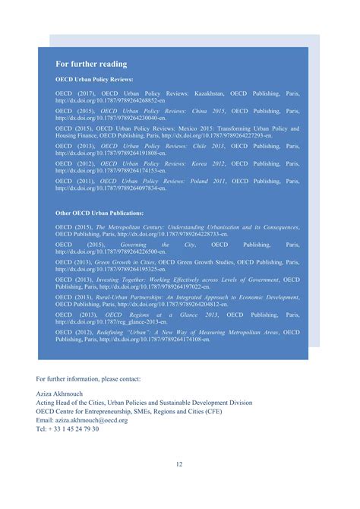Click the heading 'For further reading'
[x=91, y=64]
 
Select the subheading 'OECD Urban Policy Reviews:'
[x=94, y=79]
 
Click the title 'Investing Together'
[x=122, y=280]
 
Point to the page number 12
[x=179, y=465]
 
